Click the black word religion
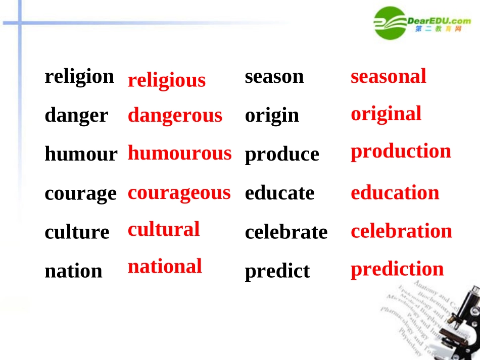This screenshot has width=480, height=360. [x=79, y=77]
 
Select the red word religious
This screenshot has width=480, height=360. [x=166, y=81]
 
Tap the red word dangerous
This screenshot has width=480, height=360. [x=175, y=116]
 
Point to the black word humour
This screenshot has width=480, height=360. [x=81, y=154]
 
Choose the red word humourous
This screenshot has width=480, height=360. [x=179, y=153]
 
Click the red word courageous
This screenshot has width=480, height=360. [x=179, y=193]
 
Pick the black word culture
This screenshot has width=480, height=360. [x=77, y=232]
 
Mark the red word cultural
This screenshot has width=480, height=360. [x=163, y=229]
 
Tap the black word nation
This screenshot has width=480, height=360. [x=73, y=271]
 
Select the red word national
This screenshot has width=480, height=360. [x=165, y=266]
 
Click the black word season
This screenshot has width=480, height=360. [x=274, y=77]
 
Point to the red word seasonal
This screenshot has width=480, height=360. [x=388, y=76]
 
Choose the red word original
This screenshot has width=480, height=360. [x=386, y=114]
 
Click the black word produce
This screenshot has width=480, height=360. [x=282, y=155]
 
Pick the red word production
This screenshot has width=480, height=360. [x=401, y=151]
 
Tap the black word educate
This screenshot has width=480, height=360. [x=279, y=193]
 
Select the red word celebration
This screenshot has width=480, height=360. [x=401, y=231]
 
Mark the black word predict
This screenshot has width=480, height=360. [x=277, y=271]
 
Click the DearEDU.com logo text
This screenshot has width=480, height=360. [x=439, y=20]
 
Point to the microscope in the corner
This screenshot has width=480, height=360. [x=465, y=323]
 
